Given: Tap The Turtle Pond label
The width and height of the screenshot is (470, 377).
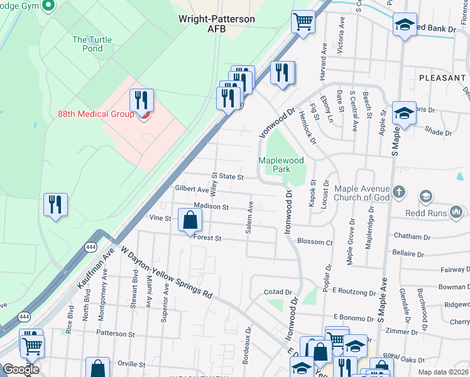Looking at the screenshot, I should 92,45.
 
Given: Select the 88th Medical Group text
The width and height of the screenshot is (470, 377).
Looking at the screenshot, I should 96,114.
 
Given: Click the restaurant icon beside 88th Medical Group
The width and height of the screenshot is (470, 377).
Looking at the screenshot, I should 141,101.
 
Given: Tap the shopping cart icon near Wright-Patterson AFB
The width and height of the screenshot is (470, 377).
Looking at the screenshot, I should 303,23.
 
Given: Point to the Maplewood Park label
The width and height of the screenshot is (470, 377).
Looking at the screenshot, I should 275,165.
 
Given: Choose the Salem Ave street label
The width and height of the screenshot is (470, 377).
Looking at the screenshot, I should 249,218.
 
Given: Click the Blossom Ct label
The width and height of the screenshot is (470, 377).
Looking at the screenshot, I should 314,242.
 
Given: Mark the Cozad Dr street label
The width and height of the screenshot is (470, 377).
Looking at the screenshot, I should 279,292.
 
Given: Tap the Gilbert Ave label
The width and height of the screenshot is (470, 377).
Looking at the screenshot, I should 192,189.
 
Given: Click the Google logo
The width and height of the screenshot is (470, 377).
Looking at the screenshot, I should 21,369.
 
